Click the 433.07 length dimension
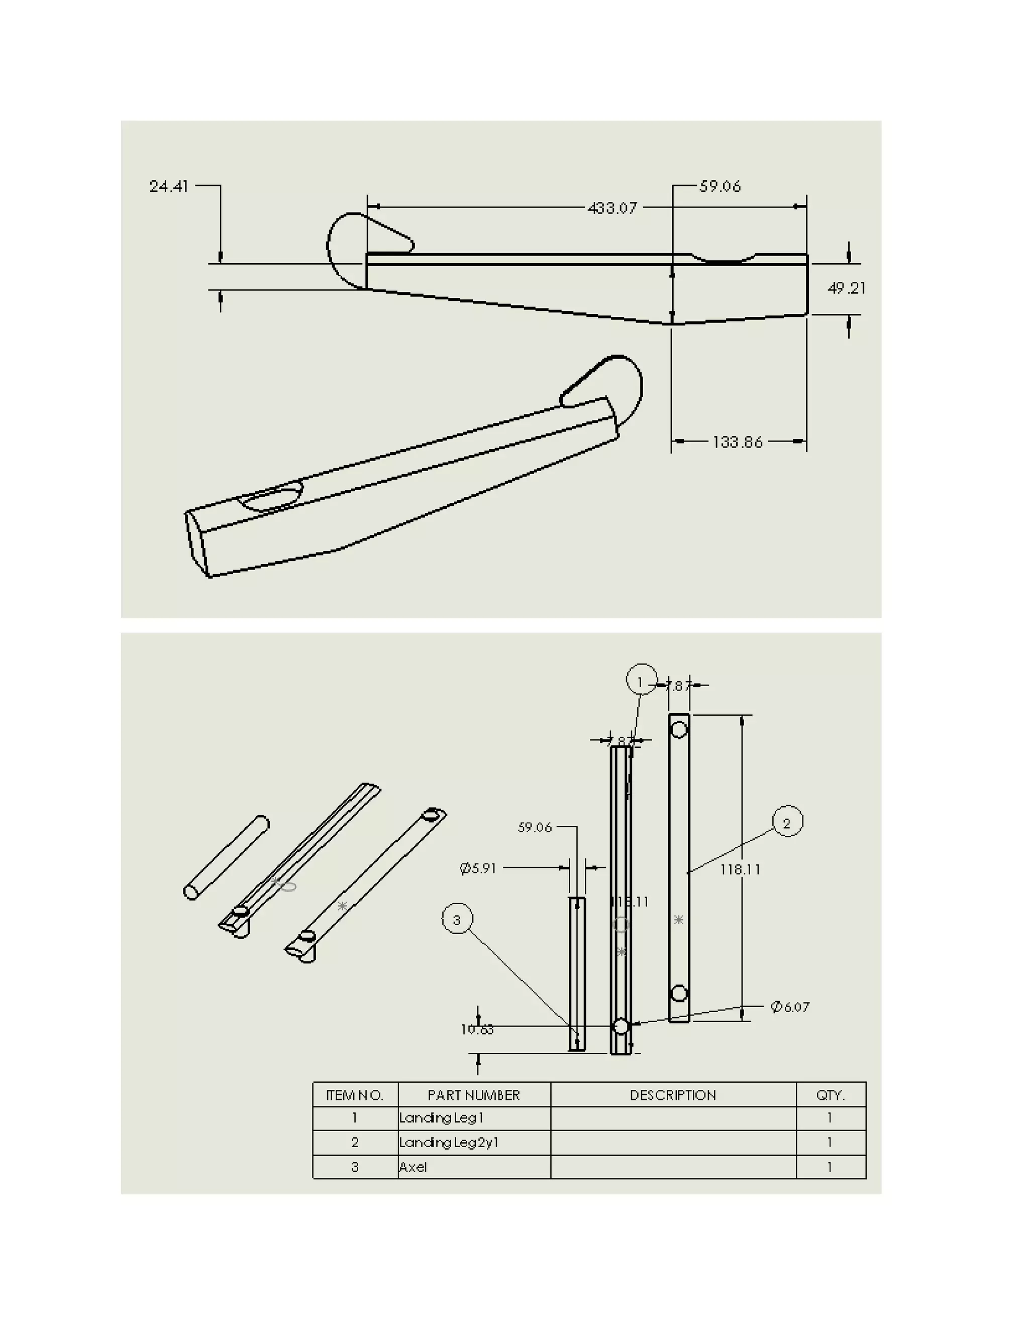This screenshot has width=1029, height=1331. point(612,208)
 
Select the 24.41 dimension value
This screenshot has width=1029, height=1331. point(169,186)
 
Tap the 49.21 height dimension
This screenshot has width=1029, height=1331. point(846,288)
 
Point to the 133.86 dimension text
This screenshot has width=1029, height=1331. point(737,442)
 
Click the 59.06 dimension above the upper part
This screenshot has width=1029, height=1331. point(720,186)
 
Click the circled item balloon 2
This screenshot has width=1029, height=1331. point(787,823)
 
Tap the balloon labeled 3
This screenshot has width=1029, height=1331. point(457,920)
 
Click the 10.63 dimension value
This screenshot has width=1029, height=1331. point(477,1030)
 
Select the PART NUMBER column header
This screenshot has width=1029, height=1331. point(474,1095)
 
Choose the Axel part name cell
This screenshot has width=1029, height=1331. point(414,1167)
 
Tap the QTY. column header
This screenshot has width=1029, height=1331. point(830,1095)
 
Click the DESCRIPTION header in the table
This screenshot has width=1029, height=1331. point(673,1095)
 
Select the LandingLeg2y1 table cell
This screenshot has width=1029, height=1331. point(449,1142)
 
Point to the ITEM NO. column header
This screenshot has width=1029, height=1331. point(355,1095)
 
